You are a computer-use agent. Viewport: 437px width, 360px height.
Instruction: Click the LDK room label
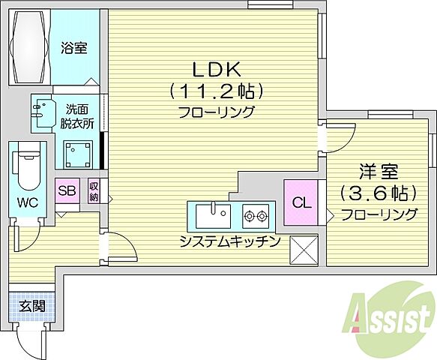click(x=216, y=70)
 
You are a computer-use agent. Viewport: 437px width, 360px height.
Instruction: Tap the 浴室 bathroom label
click(x=74, y=49)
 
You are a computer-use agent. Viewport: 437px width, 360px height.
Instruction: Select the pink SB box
click(x=67, y=190)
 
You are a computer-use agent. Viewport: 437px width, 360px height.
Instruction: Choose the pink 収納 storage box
click(x=94, y=191)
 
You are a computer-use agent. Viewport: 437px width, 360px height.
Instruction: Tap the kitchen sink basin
click(x=212, y=217)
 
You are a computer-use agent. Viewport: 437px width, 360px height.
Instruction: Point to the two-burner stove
click(x=255, y=217)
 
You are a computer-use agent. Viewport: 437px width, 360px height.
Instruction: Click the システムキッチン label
click(x=229, y=241)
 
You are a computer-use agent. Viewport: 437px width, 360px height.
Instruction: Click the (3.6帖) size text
click(x=378, y=193)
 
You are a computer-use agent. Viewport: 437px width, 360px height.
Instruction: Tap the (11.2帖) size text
click(x=216, y=91)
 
